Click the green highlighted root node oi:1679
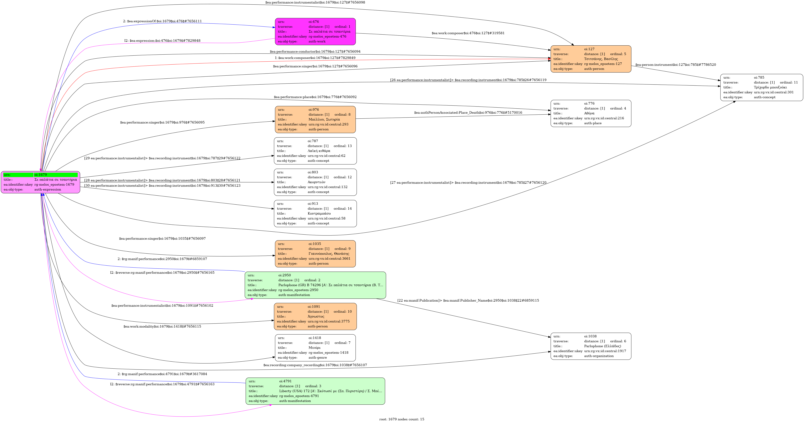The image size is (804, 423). [41, 182]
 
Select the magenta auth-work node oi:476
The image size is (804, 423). [315, 32]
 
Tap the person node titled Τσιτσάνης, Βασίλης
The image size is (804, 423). [591, 59]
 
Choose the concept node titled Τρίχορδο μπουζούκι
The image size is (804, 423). [762, 87]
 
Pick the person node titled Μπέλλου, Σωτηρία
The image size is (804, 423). [315, 119]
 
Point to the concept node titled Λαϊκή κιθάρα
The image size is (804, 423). [315, 151]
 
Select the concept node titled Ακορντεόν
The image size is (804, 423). [315, 182]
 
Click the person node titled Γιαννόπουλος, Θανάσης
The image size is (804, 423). [315, 254]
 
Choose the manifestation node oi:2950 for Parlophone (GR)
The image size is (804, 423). [315, 285]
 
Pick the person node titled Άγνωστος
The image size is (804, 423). [315, 316]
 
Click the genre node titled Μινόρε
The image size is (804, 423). [315, 348]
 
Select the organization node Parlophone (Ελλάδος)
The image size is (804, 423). [591, 346]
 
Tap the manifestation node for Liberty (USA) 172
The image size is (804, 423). [315, 391]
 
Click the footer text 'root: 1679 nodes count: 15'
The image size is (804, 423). [402, 419]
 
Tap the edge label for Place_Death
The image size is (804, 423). [468, 113]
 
